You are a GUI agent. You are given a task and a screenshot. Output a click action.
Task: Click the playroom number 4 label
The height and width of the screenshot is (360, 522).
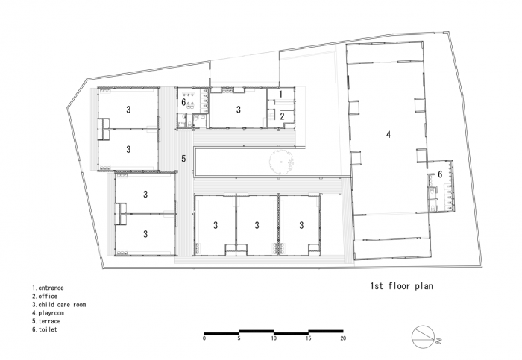(389, 135)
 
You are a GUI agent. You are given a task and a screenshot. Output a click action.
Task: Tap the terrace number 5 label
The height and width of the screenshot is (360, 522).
(183, 158)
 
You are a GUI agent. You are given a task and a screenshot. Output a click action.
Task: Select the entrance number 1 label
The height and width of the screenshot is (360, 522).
(280, 94)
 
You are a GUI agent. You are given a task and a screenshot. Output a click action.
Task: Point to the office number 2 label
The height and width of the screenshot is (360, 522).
(283, 116)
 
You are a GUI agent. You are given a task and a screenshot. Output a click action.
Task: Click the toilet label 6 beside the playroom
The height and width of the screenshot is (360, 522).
(440, 174)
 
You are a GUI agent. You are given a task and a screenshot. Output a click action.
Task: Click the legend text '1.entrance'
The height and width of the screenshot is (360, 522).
(48, 288)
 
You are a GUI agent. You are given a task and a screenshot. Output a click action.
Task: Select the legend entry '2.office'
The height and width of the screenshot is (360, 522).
(44, 296)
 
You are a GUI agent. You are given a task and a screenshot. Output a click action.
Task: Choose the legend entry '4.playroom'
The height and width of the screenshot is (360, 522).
(48, 313)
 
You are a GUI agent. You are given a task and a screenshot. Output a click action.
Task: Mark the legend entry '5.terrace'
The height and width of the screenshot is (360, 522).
(46, 321)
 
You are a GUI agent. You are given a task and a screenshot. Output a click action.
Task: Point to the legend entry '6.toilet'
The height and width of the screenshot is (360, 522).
(45, 329)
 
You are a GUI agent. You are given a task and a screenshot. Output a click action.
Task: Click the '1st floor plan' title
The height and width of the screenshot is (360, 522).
(401, 285)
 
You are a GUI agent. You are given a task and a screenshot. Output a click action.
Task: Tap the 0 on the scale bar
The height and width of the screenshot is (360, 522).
(204, 338)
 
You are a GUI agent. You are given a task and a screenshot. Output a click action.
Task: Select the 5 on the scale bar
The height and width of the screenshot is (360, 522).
(239, 338)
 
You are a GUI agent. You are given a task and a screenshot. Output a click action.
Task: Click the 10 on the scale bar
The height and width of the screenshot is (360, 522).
(274, 338)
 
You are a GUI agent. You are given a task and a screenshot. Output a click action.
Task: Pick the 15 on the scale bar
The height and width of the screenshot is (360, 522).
(308, 338)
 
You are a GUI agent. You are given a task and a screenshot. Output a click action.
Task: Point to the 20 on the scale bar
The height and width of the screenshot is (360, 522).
(343, 338)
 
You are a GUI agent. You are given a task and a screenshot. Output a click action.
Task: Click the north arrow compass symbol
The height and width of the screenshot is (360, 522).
(422, 336)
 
